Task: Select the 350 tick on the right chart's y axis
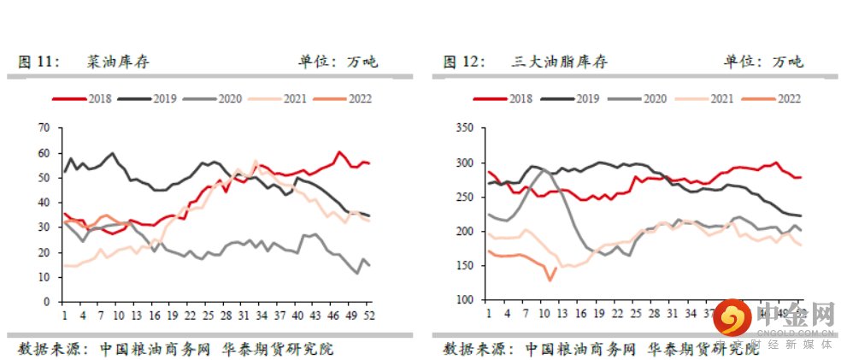pos(465,128)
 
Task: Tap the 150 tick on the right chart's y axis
pos(465,266)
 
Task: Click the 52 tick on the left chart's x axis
pos(368,316)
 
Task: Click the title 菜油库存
pos(120,62)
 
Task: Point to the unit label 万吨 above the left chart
pos(362,62)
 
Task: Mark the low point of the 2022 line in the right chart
pos(550,280)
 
